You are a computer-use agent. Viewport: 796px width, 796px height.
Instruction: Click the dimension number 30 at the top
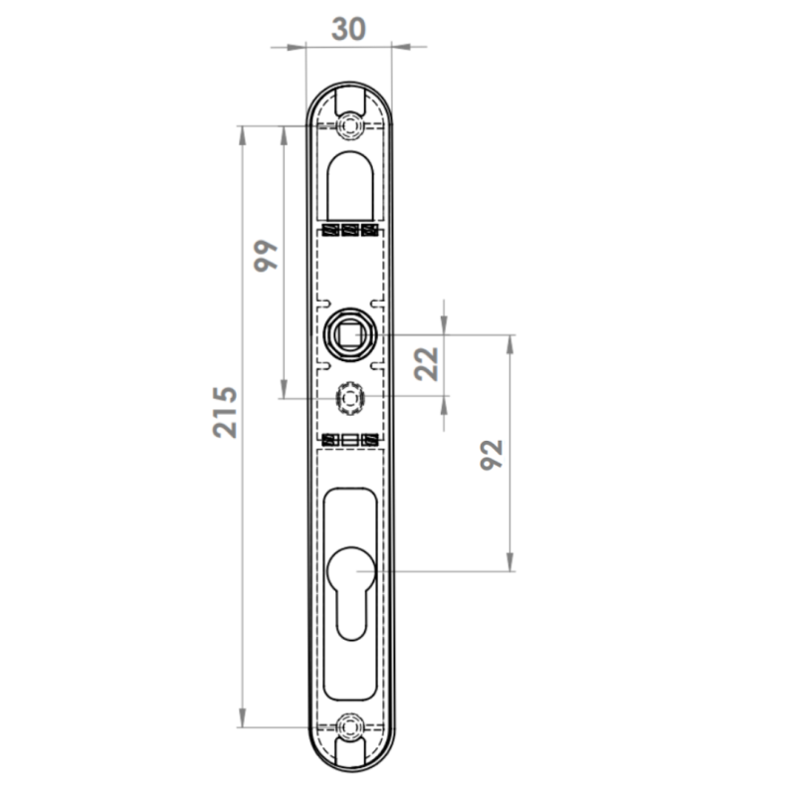tap(348, 29)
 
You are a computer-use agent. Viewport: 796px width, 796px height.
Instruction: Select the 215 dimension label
tap(225, 412)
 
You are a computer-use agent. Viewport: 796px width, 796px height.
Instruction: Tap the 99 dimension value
tap(266, 256)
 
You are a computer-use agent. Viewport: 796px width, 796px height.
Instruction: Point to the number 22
tap(427, 363)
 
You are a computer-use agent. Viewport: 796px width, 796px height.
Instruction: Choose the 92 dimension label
tap(492, 455)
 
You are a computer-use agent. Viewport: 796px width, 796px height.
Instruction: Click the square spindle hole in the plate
tap(349, 334)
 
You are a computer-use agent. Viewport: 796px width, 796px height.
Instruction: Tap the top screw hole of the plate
tap(350, 125)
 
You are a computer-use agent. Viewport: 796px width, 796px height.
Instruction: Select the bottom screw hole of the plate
tap(350, 726)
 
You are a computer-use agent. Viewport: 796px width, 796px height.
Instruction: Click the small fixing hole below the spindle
tap(349, 397)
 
